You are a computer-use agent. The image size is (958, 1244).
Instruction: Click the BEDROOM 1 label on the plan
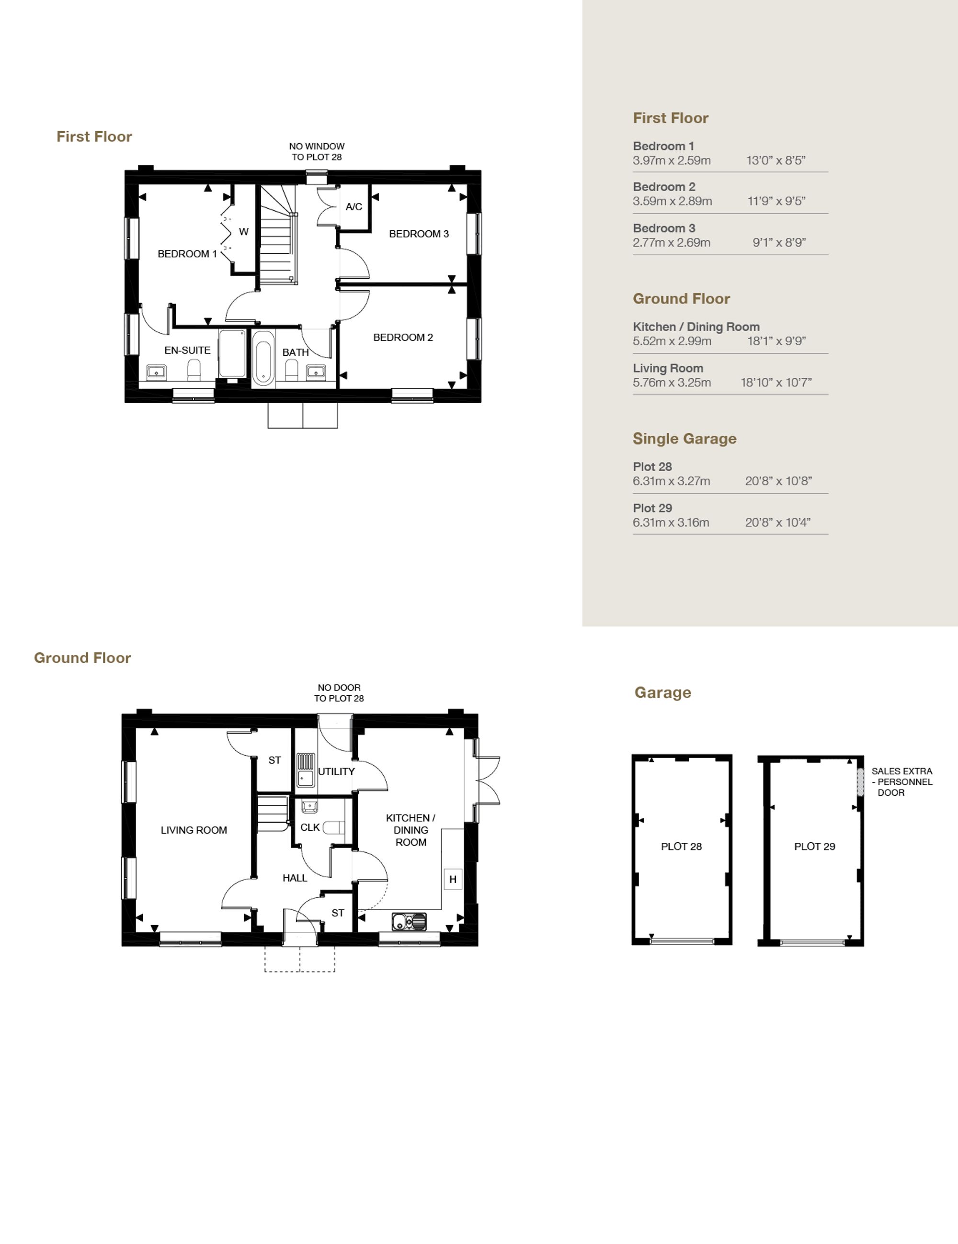pos(187,254)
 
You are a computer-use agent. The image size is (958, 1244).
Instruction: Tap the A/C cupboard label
pos(354,207)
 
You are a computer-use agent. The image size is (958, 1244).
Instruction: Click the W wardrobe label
pos(244,232)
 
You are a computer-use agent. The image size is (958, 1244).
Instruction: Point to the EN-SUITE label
pos(187,351)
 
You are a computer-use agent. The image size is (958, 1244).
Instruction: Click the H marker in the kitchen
pos(453,880)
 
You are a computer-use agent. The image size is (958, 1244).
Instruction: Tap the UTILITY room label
pos(336,772)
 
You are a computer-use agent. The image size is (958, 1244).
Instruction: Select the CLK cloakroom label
pos(310,827)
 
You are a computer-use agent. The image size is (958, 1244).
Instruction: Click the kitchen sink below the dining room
pos(409,922)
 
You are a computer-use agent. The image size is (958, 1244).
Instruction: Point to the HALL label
pos(295,878)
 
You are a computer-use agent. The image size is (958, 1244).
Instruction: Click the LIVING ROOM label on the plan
pos(194,830)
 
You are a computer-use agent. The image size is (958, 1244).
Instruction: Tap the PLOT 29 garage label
pos(815,847)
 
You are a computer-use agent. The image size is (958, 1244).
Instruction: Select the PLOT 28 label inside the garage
pos(682,847)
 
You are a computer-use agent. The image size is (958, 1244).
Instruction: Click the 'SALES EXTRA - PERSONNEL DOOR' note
pos(902,782)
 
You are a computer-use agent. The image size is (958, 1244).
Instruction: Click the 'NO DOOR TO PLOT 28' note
pos(339,693)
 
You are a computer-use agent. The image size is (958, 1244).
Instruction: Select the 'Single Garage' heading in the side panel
pos(684,439)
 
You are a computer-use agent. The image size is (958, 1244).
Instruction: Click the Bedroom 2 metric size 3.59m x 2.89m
pos(673,201)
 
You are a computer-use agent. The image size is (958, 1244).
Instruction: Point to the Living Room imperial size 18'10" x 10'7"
pos(776,383)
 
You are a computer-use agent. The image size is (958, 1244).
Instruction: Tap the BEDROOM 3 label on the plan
pos(419,234)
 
